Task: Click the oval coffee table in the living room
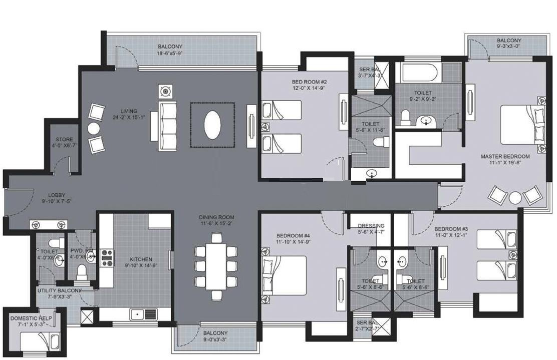[212, 125]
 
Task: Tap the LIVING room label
[129, 111]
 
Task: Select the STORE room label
[65, 140]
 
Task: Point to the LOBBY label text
[57, 196]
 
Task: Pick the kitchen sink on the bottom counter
[143, 314]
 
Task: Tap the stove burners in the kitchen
[107, 257]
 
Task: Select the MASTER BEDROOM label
[505, 157]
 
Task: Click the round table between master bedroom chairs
[515, 197]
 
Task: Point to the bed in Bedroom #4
[284, 274]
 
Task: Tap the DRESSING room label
[371, 226]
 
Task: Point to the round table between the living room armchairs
[93, 128]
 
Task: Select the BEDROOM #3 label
[451, 228]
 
